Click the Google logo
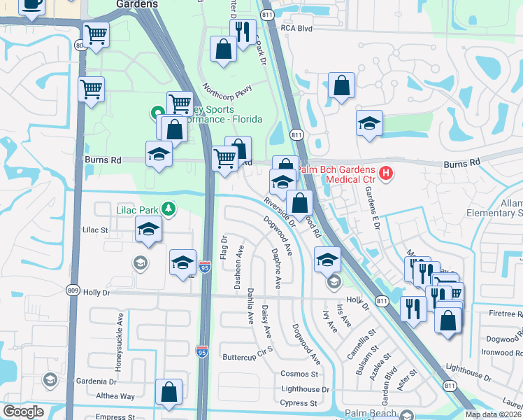[x=24, y=412]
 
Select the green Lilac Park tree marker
[x=168, y=209]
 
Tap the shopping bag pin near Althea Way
[x=169, y=393]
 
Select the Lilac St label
[x=96, y=229]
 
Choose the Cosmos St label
[x=299, y=374]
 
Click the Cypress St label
[x=303, y=403]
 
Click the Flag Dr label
[x=224, y=249]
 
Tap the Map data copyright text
[x=494, y=414]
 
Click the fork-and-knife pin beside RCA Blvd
[x=243, y=32]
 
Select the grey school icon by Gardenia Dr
[x=49, y=380]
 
